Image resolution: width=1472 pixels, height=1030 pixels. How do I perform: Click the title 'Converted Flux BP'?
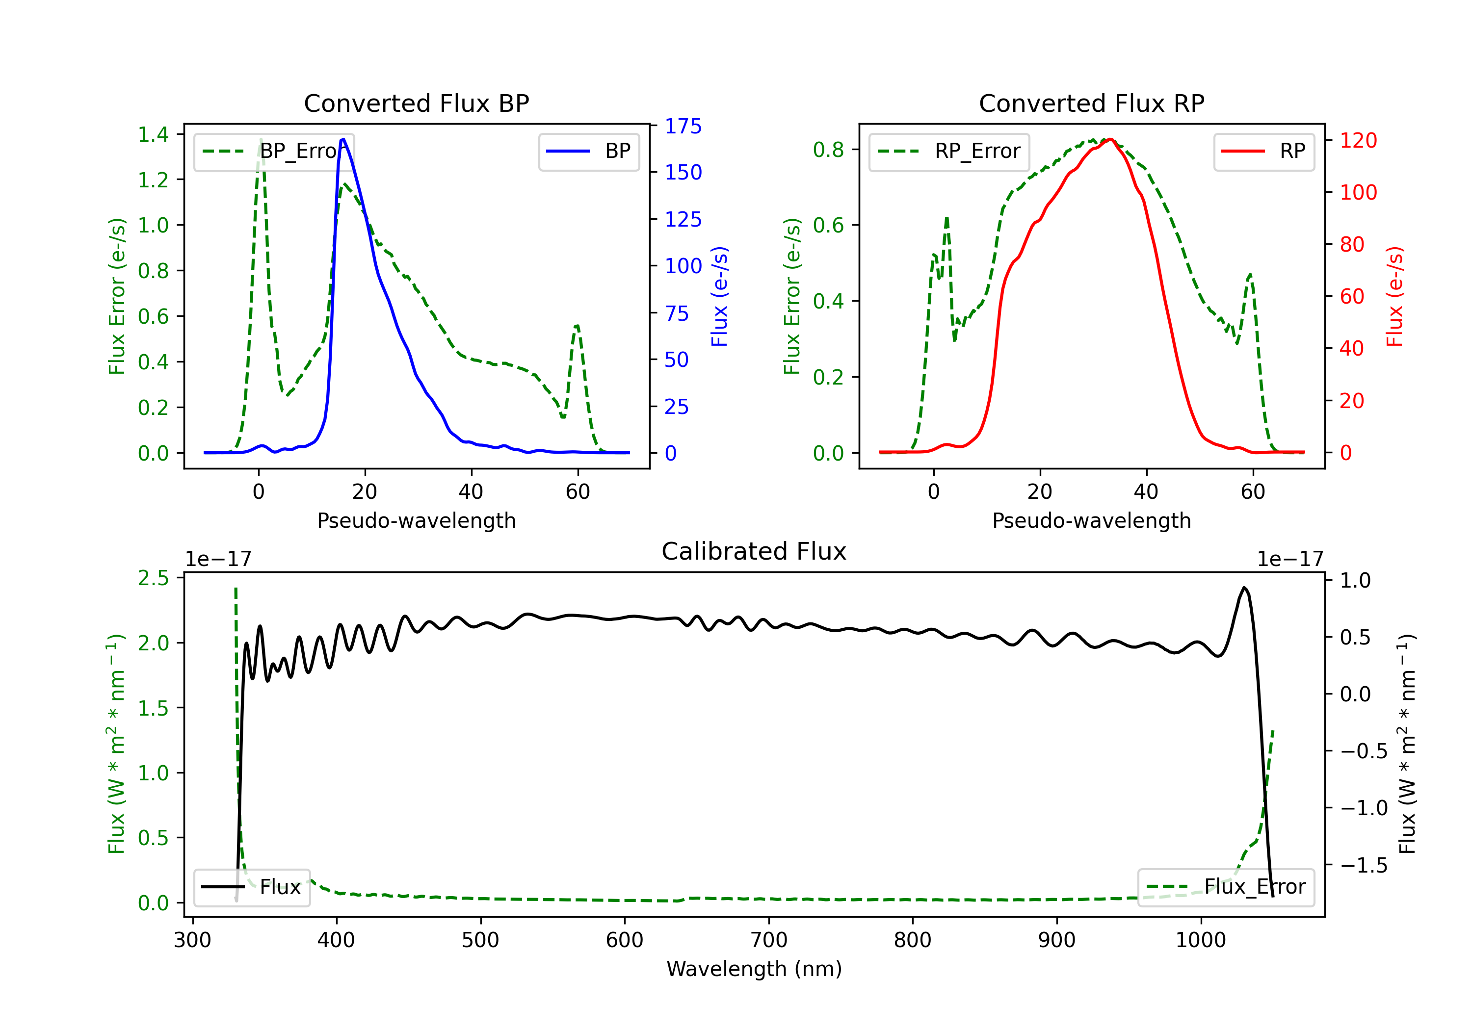click(x=416, y=103)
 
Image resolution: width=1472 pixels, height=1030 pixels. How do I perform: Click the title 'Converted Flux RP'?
click(x=1091, y=103)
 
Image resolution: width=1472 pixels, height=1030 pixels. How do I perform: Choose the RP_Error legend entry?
click(x=949, y=151)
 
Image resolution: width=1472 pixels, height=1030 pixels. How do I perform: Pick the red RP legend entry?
click(x=1263, y=151)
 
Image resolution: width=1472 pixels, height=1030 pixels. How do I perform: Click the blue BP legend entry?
click(x=588, y=151)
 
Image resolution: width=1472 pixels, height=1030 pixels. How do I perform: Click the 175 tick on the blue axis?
click(x=683, y=126)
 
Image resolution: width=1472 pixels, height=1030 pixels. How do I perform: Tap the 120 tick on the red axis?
click(x=1358, y=140)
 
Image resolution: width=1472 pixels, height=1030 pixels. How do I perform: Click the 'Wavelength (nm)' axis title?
click(x=754, y=969)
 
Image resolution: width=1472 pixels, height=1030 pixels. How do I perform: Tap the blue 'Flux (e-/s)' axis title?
click(x=719, y=296)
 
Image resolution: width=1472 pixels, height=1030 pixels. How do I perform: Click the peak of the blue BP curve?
click(x=343, y=139)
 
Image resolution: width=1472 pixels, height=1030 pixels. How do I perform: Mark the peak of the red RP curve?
click(x=1110, y=139)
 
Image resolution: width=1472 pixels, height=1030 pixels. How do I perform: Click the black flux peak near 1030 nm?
click(x=1244, y=587)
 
